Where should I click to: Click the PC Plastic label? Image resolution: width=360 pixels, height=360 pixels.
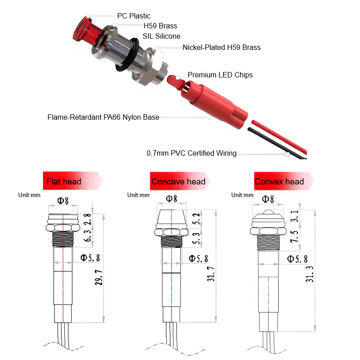coord(134,16)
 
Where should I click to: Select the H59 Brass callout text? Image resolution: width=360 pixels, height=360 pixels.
coord(160,26)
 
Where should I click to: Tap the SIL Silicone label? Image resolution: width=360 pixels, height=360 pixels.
coord(162,36)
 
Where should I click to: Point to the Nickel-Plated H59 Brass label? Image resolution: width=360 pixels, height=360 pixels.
coord(221,47)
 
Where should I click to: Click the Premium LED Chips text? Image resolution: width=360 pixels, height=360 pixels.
coord(220,75)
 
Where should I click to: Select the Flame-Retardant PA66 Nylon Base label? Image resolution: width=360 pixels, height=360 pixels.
coord(103,117)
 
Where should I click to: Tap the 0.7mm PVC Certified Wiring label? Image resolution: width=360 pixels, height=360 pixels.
coord(192,153)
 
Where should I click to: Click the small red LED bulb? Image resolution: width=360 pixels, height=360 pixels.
coord(175,81)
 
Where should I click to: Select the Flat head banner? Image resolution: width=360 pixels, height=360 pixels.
coord(72,181)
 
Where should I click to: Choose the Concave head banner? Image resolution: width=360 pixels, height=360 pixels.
coord(180,181)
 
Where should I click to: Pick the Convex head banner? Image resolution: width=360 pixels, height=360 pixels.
coord(284,181)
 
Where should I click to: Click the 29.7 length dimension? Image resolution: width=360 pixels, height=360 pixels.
coord(99,278)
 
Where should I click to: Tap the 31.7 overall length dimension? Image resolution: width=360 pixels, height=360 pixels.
coord(211,274)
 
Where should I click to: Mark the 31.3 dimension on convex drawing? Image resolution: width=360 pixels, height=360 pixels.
coord(309,274)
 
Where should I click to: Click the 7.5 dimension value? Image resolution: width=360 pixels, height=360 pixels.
coord(295,237)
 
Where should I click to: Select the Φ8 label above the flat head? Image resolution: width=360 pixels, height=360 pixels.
coord(63,201)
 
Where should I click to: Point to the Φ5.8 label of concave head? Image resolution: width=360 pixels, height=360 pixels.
coord(198,259)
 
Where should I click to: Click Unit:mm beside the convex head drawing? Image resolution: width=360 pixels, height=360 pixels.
coord(242,195)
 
